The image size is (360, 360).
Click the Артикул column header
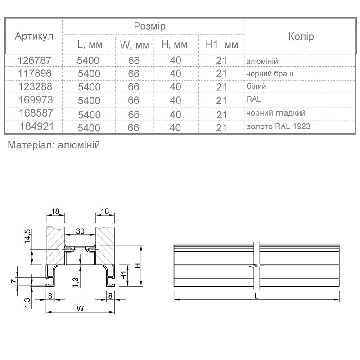pyautogui.click(x=34, y=36)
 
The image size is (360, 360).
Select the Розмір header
pyautogui.click(x=149, y=27)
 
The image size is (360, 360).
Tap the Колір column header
pyautogui.click(x=301, y=36)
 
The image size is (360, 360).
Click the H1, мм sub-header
pyautogui.click(x=222, y=45)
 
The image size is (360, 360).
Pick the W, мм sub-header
pyautogui.click(x=135, y=45)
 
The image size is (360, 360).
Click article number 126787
pyautogui.click(x=35, y=60)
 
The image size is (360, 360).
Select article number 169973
pyautogui.click(x=36, y=100)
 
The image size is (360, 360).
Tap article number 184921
pyautogui.click(x=37, y=126)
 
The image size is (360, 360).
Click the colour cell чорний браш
pyautogui.click(x=270, y=74)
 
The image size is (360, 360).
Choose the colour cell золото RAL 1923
pyautogui.click(x=279, y=126)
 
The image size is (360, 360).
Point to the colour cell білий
pyautogui.click(x=256, y=86)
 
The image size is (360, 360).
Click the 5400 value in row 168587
pyautogui.click(x=89, y=115)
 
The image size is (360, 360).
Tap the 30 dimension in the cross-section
pyautogui.click(x=80, y=231)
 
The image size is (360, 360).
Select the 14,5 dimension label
pyautogui.click(x=28, y=236)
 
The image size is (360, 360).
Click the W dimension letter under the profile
pyautogui.click(x=80, y=308)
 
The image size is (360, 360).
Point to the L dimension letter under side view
pyautogui.click(x=256, y=296)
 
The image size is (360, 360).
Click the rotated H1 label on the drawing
pyautogui.click(x=124, y=275)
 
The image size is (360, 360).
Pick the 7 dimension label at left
pyautogui.click(x=14, y=281)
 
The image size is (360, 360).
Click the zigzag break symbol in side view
pyautogui.click(x=256, y=266)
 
